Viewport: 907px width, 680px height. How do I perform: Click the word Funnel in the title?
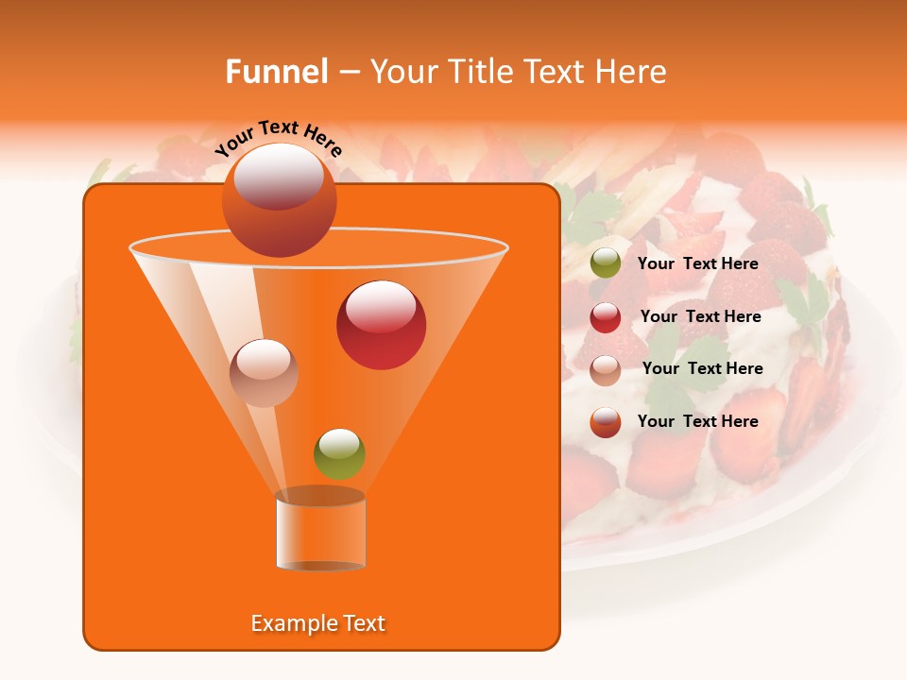[276, 72]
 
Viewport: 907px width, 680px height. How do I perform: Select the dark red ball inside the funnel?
[381, 325]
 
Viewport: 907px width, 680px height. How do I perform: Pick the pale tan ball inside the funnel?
[264, 373]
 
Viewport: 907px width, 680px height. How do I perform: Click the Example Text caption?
[317, 623]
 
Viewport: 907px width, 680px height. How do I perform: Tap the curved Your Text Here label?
[279, 138]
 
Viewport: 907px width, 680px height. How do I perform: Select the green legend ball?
[605, 263]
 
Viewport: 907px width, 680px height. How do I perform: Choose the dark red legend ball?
[605, 317]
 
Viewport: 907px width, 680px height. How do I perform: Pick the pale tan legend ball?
[605, 370]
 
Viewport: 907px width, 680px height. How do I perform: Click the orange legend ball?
[605, 422]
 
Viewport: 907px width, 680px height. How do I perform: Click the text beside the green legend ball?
[697, 263]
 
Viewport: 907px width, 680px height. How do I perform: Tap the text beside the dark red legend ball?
[700, 316]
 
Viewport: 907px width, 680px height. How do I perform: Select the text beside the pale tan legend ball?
[702, 368]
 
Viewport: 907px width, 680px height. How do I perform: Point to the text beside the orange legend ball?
[697, 421]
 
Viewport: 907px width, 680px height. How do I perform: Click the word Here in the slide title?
[632, 72]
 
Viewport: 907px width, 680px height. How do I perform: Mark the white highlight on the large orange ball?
[279, 176]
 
